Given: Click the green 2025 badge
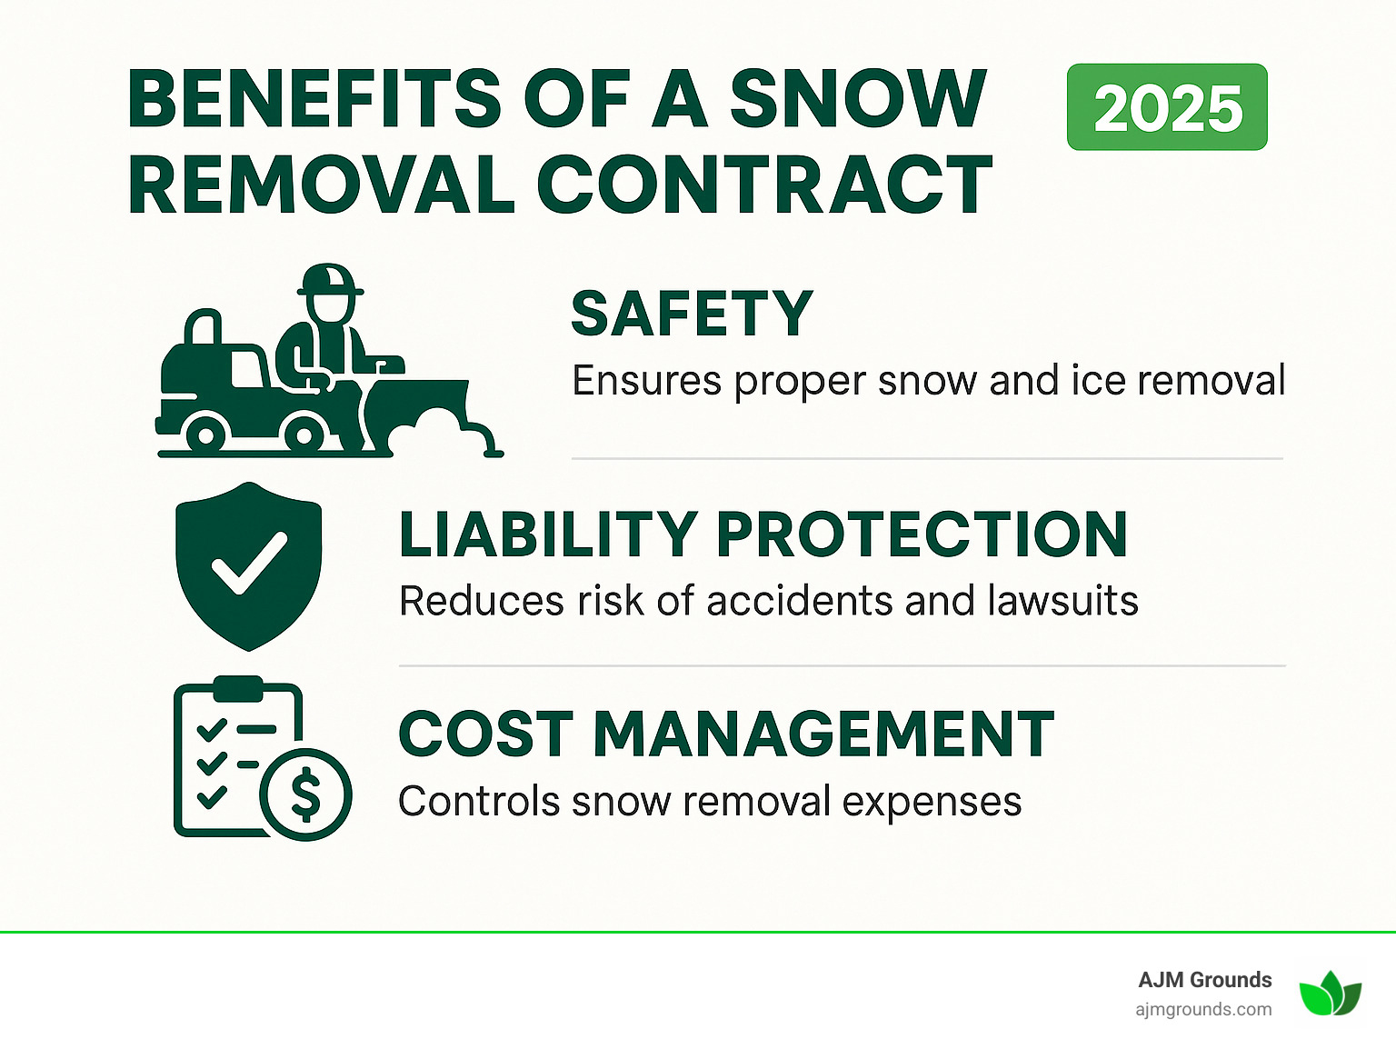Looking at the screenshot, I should [1167, 107].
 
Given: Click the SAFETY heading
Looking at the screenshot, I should [692, 315].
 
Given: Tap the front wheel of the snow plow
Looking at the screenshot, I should [304, 435].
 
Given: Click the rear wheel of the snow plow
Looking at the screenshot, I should [206, 435].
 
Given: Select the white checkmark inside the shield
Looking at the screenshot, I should [248, 563].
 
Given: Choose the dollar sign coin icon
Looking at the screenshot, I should [306, 794].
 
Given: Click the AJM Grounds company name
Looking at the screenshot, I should [1204, 980].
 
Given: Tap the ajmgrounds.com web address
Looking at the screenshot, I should [1203, 1009].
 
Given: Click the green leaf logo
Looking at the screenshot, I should [1330, 994].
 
